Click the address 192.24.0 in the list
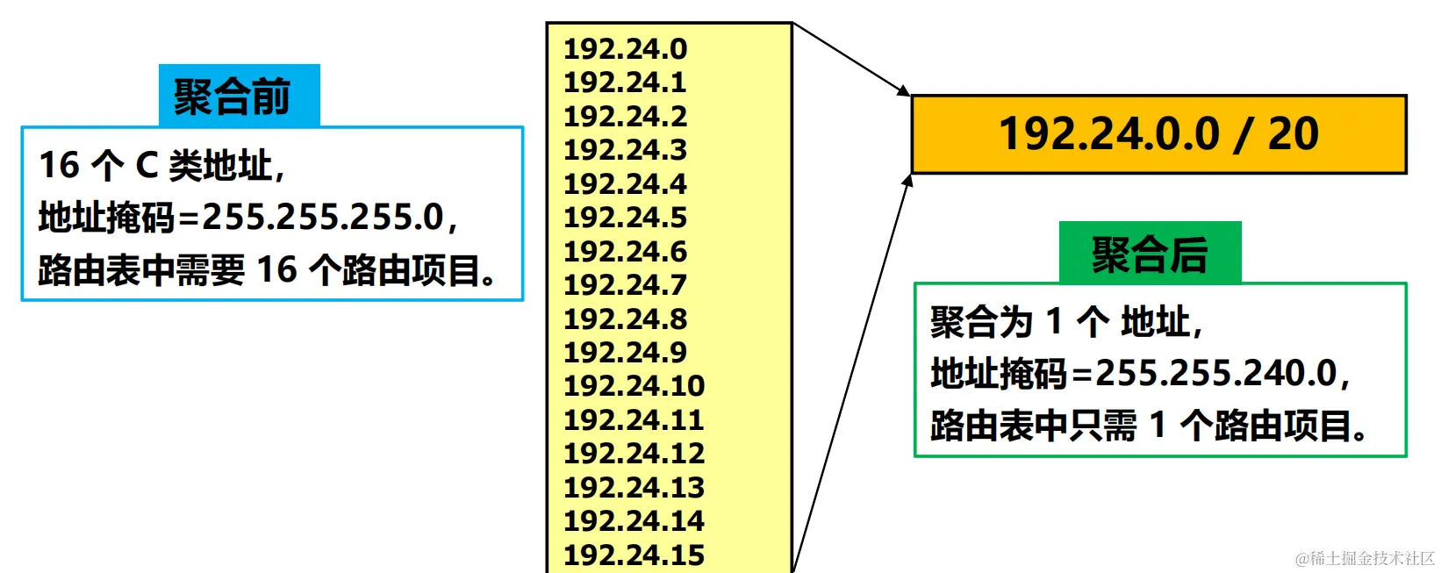(x=625, y=49)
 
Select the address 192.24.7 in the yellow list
(x=625, y=285)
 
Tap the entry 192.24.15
(x=634, y=555)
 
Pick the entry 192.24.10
(x=634, y=386)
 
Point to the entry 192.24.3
(x=625, y=150)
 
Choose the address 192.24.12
(x=634, y=454)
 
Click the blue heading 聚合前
(x=233, y=97)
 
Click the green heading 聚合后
(x=1150, y=254)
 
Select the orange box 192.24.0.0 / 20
(x=1158, y=134)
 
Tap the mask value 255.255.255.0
(x=323, y=217)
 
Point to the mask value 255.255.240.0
(x=1216, y=374)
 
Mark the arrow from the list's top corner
(x=851, y=59)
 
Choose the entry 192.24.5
(x=625, y=218)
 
